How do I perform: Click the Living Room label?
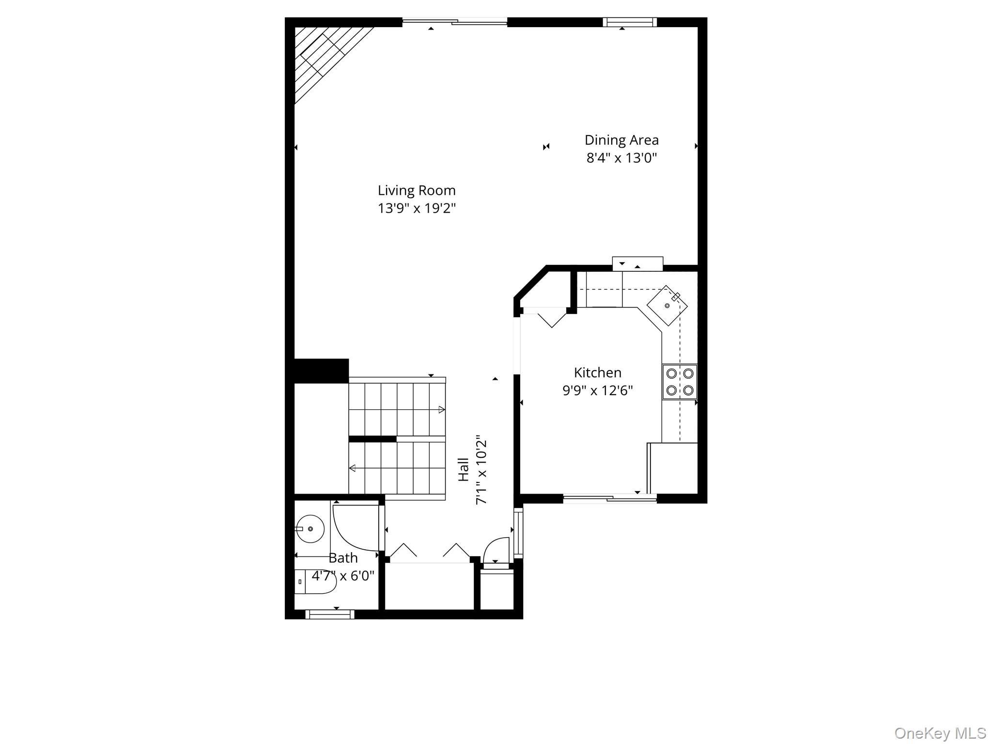[417, 190]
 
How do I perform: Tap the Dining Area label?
[621, 140]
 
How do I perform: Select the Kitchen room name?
[597, 372]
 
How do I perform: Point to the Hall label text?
[464, 469]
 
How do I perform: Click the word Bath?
[343, 558]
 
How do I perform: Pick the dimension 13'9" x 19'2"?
[417, 208]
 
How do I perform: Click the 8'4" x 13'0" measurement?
[621, 158]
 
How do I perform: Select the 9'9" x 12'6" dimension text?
[597, 390]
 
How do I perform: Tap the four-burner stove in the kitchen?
[680, 382]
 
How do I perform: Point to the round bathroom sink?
[310, 528]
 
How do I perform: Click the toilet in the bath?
[315, 582]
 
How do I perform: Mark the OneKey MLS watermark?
[940, 733]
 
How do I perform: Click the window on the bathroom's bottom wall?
[329, 614]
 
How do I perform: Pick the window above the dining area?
[630, 22]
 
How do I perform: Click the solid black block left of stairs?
[321, 371]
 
